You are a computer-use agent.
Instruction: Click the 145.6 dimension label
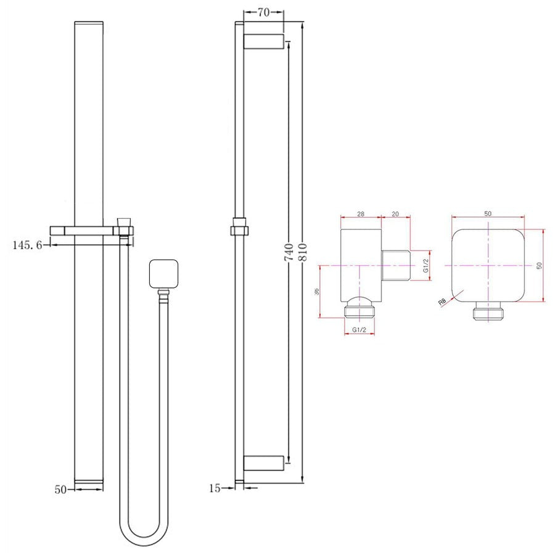point(27,245)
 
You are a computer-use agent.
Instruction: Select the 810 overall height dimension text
point(302,253)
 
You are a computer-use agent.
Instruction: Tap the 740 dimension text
point(288,253)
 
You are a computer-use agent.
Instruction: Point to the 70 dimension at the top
point(263,11)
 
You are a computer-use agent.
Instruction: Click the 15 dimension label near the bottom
point(215,488)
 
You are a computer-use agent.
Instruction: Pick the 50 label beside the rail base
point(60,489)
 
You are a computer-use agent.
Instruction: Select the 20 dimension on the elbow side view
point(395,213)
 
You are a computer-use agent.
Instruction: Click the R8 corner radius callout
point(442,302)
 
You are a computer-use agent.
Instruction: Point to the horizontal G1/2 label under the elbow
point(360,331)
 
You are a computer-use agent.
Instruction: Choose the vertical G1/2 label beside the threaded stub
point(425,266)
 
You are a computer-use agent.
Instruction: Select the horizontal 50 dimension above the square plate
point(488,213)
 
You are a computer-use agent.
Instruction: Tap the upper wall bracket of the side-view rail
point(263,42)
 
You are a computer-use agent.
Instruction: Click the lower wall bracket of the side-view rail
point(263,463)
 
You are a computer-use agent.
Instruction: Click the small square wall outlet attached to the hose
point(163,274)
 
